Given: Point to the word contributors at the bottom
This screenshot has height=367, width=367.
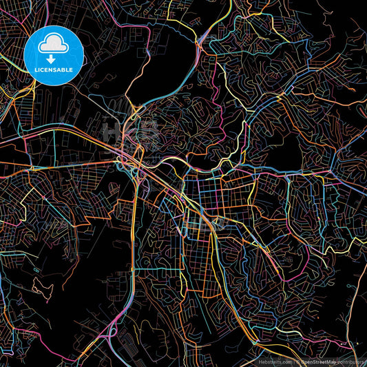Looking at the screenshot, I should coord(350,361).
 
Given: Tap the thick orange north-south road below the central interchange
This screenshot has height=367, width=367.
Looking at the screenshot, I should coord(133,227).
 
